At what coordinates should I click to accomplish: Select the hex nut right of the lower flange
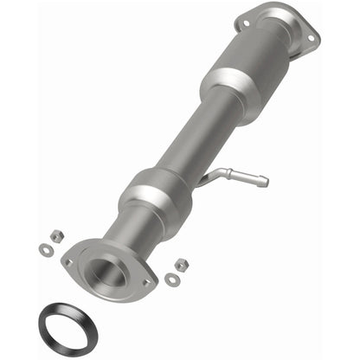(x=181, y=264)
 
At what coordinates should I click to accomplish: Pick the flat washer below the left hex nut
(x=45, y=250)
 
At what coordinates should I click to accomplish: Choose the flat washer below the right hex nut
(x=172, y=280)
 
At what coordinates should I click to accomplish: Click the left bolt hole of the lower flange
(x=67, y=260)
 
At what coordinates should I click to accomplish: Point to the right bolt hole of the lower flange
(x=146, y=280)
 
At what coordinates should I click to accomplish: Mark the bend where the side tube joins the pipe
(x=208, y=178)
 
